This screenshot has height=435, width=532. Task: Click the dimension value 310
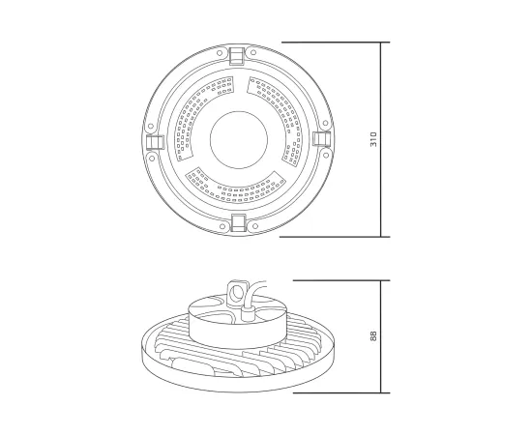(374, 140)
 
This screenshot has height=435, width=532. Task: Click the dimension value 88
(374, 336)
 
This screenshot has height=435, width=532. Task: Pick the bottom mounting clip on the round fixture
(235, 224)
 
